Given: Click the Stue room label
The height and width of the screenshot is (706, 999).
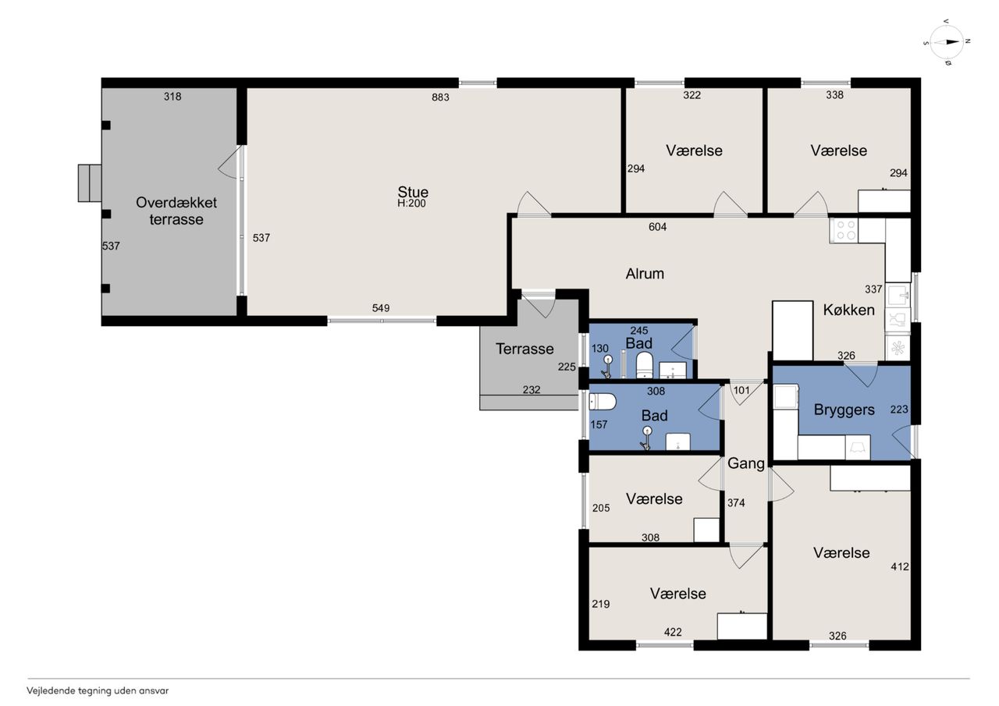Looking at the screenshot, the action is pyautogui.click(x=413, y=192).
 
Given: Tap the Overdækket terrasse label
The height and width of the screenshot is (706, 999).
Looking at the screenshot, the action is pyautogui.click(x=176, y=211).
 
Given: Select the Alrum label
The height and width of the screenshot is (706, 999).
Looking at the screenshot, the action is pyautogui.click(x=645, y=274).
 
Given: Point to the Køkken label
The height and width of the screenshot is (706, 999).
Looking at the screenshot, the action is pyautogui.click(x=848, y=310).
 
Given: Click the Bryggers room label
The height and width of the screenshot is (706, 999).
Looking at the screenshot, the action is pyautogui.click(x=844, y=410).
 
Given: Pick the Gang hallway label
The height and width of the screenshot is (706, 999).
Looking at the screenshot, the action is pyautogui.click(x=746, y=464).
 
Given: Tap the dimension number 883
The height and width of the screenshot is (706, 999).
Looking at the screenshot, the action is pyautogui.click(x=440, y=98).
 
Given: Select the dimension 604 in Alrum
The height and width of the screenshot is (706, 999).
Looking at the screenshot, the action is pyautogui.click(x=657, y=227).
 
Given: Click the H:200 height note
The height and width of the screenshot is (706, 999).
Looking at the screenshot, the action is pyautogui.click(x=411, y=204).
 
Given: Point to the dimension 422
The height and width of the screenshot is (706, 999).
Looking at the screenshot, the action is pyautogui.click(x=673, y=632).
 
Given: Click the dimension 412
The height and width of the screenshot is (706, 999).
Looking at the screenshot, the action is pyautogui.click(x=900, y=566).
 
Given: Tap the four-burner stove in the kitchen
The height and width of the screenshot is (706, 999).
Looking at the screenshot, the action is pyautogui.click(x=844, y=230).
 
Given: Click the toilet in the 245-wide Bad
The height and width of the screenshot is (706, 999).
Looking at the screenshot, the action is pyautogui.click(x=644, y=364).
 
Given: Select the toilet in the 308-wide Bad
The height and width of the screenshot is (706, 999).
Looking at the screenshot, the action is pyautogui.click(x=603, y=402).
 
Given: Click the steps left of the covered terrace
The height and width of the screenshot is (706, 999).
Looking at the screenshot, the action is pyautogui.click(x=90, y=183).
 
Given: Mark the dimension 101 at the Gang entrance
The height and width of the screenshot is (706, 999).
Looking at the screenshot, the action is pyautogui.click(x=741, y=390).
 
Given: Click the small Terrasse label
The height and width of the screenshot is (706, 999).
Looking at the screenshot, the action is pyautogui.click(x=524, y=349).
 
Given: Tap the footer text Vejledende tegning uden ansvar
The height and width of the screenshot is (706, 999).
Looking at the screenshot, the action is pyautogui.click(x=98, y=691).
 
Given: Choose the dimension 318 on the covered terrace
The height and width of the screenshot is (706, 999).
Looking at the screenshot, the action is pyautogui.click(x=172, y=96).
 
